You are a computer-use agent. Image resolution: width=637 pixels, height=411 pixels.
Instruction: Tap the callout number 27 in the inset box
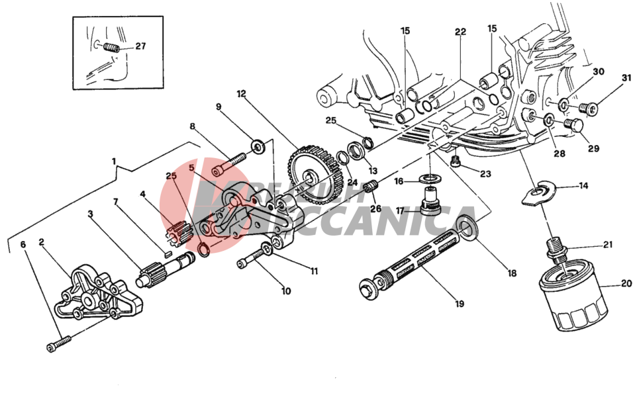[x=140, y=46]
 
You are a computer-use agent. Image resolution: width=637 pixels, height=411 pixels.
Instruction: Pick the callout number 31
[x=626, y=79]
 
